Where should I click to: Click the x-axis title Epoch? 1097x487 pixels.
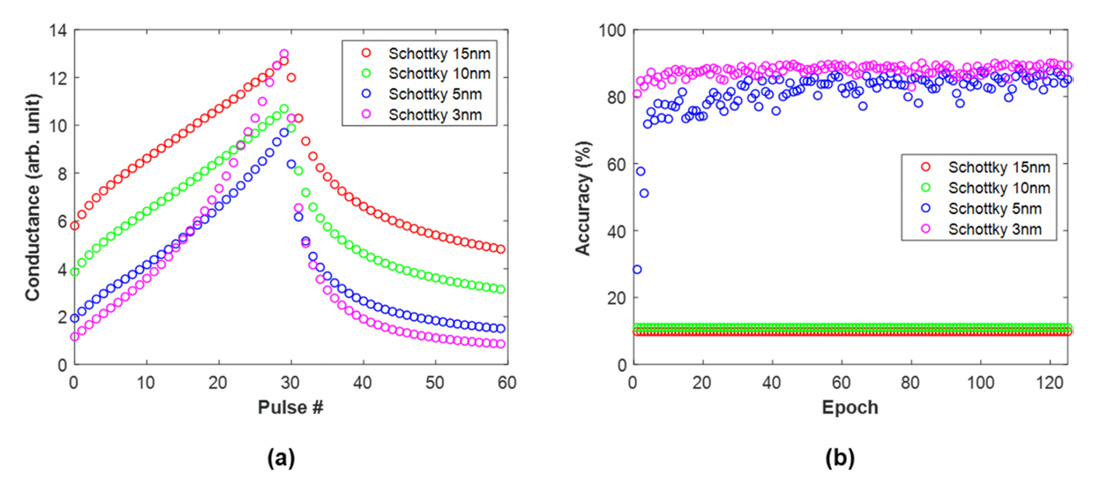point(850,406)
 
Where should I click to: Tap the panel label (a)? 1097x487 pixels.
point(282,459)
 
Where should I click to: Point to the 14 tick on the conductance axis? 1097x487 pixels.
point(58,30)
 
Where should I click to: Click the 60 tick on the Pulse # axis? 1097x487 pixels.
point(507,383)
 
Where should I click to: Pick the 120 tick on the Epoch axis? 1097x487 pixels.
point(1050,383)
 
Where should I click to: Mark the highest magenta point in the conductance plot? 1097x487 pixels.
point(284,54)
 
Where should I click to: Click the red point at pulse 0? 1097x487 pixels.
point(74,225)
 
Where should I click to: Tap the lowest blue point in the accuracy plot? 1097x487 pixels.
point(636,269)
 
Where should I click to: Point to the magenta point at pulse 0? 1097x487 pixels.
point(74,336)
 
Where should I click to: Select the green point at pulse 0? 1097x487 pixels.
point(74,272)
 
